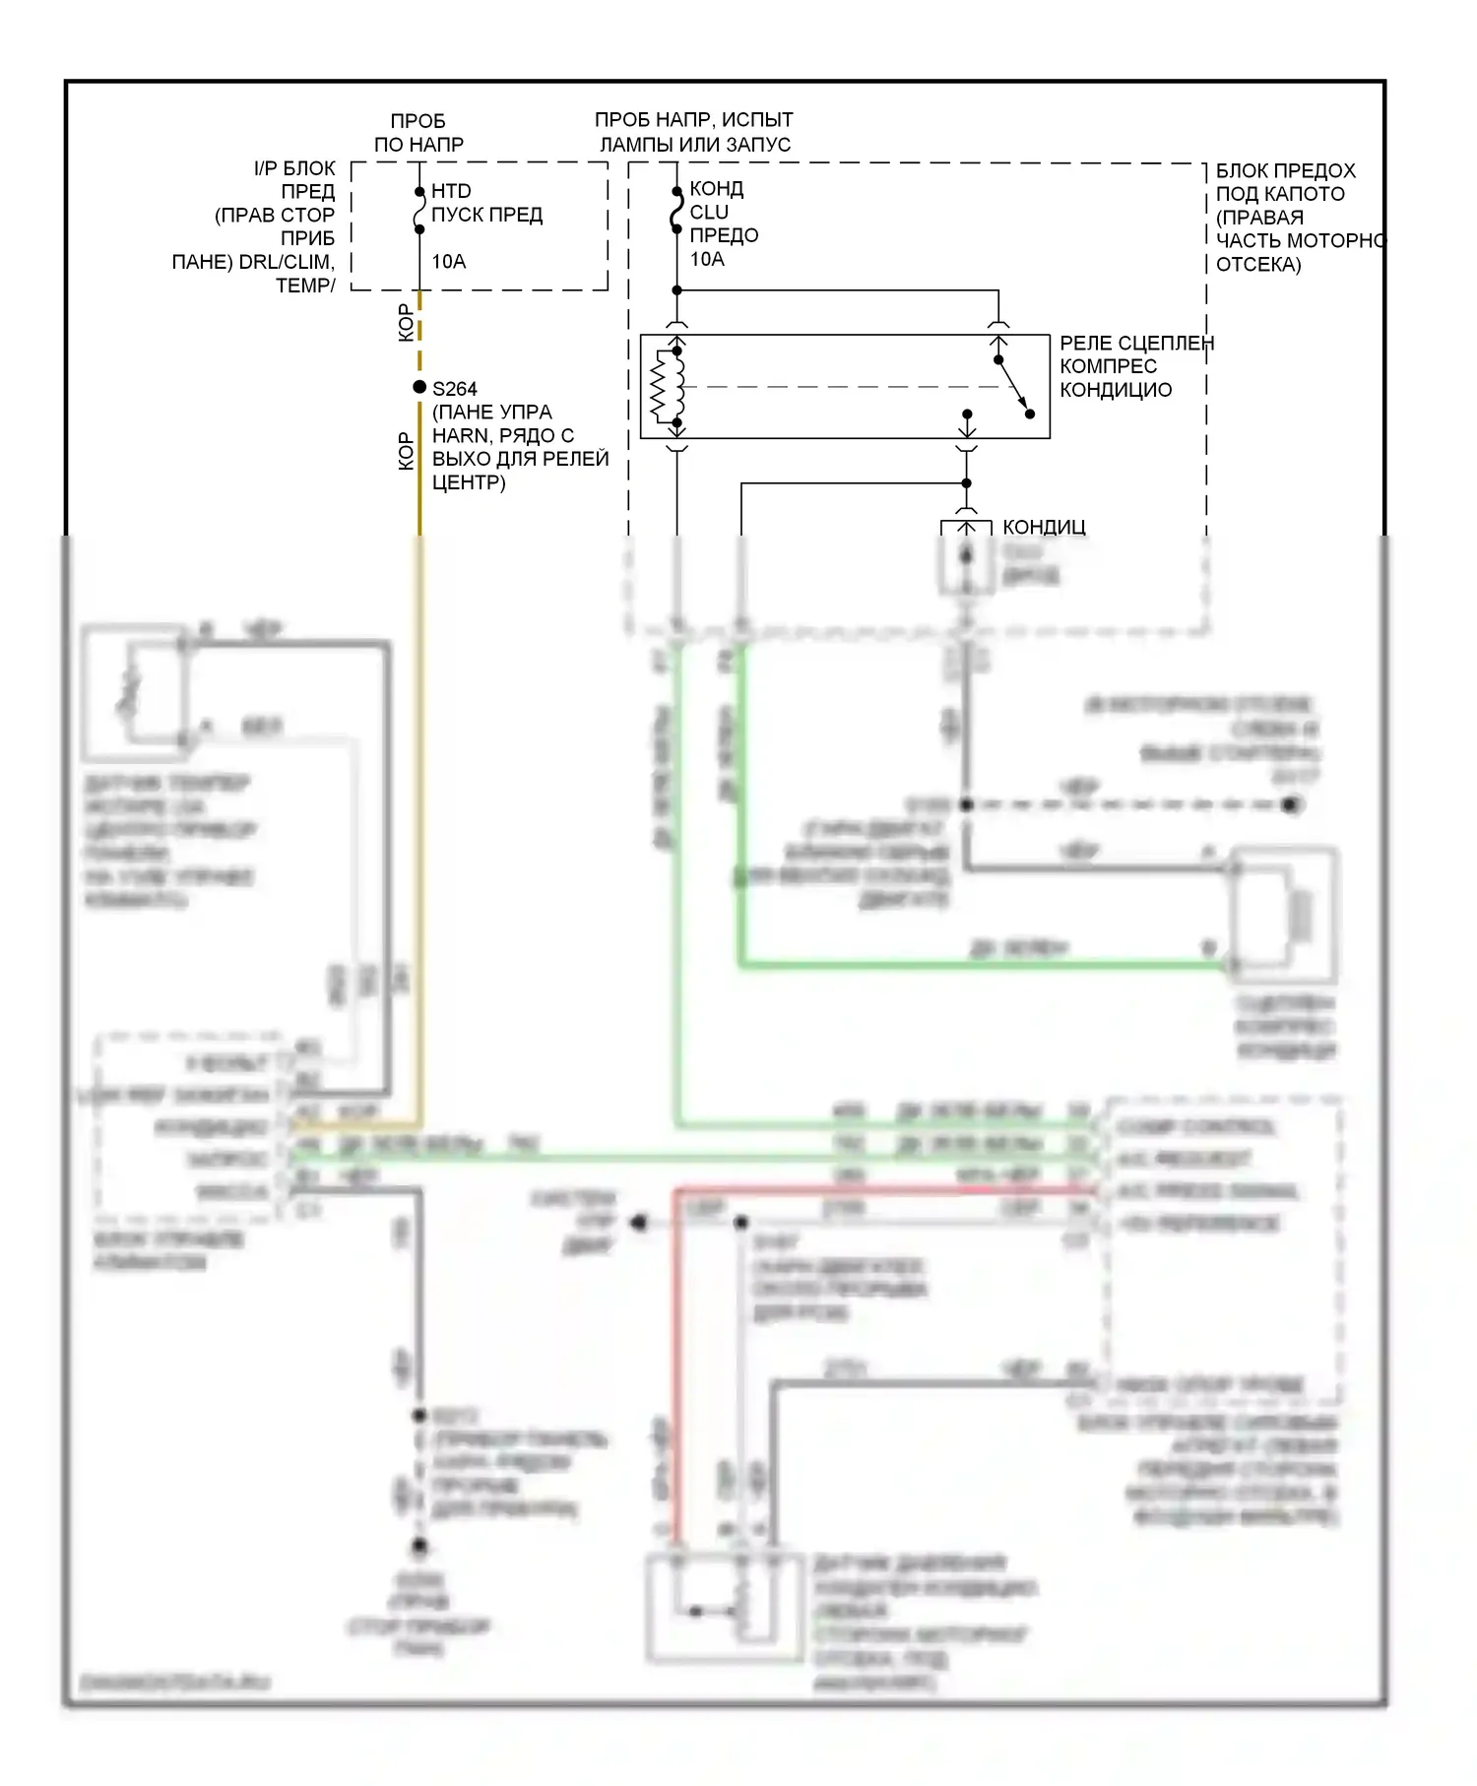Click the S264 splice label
455,389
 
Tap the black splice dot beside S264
419,387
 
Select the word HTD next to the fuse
451,191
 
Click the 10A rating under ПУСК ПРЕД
448,262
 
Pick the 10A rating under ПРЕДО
707,259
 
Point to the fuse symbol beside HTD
419,211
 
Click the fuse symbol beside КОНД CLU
676,210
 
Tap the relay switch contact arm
1014,387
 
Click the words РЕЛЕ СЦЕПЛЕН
1136,343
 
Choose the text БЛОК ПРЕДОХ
1285,170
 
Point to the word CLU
709,212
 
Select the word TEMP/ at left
305,286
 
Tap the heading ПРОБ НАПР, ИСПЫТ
693,120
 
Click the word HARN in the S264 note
461,435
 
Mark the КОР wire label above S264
406,323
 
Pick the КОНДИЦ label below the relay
1044,527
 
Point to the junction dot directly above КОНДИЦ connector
966,483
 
